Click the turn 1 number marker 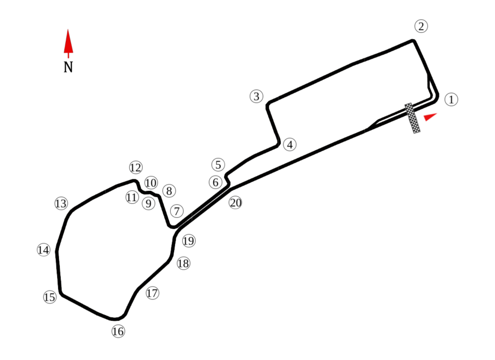[x=451, y=100]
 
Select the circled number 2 [x=421, y=26]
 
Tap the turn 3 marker [x=257, y=96]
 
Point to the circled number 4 [x=289, y=144]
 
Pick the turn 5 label [x=218, y=165]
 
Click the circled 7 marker [x=177, y=211]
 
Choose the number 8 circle [x=168, y=191]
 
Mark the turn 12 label [x=136, y=168]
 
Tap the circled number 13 [x=60, y=203]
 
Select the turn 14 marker [x=44, y=250]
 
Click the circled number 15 [x=49, y=297]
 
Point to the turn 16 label [x=118, y=331]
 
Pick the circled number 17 [x=152, y=293]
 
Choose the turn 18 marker [x=183, y=263]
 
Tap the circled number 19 [x=189, y=241]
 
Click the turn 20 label [x=235, y=203]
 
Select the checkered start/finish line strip [x=412, y=118]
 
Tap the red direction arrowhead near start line [x=429, y=116]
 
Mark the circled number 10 [x=151, y=183]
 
